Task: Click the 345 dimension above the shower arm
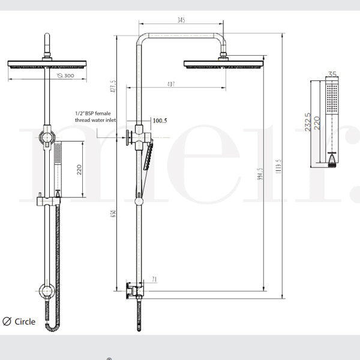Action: [x=181, y=20]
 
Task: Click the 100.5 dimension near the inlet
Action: [x=160, y=121]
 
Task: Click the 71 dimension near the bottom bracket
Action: [x=154, y=280]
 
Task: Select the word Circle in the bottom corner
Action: [x=25, y=322]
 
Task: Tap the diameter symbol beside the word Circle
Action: [x=8, y=322]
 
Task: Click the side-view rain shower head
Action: [x=223, y=64]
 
